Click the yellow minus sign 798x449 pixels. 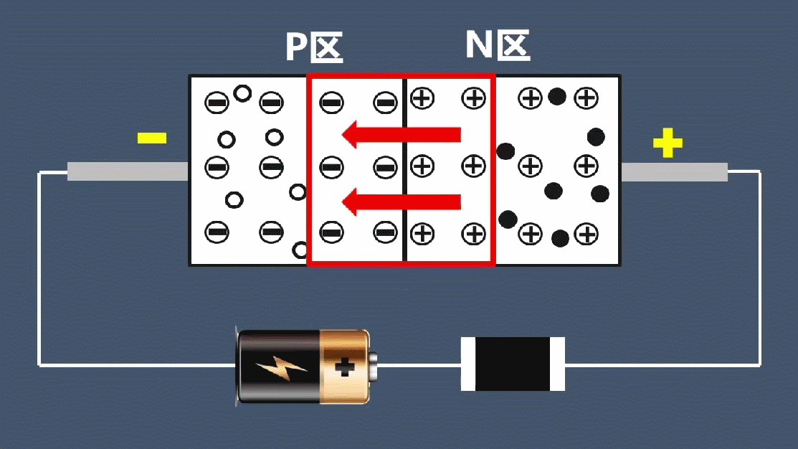[x=151, y=138]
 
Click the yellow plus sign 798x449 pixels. [x=668, y=143]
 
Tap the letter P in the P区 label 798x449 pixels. [x=296, y=47]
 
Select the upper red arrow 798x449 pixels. [x=401, y=134]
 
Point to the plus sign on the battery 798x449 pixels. [x=345, y=367]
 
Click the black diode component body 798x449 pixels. [x=512, y=364]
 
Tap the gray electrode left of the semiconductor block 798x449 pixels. [x=128, y=171]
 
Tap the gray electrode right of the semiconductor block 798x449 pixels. [x=674, y=172]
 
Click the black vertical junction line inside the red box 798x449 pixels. [x=405, y=171]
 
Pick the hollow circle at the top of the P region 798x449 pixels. [x=243, y=93]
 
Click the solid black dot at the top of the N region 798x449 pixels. [x=557, y=96]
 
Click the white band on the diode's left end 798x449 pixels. [x=467, y=364]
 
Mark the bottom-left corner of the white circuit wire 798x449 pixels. [x=39, y=366]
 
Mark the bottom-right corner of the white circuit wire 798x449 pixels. [x=759, y=365]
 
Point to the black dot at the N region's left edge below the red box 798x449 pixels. [x=508, y=219]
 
